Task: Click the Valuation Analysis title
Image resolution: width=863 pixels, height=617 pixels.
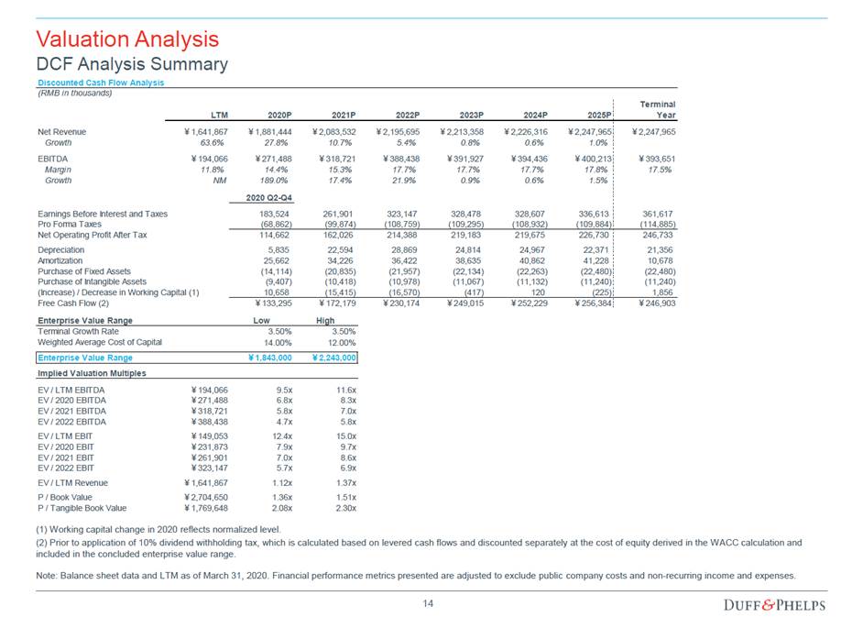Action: point(126,39)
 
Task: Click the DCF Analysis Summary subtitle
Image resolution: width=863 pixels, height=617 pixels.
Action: point(131,64)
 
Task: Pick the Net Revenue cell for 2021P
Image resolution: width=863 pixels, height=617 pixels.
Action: point(338,132)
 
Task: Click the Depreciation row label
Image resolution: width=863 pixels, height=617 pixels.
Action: point(60,249)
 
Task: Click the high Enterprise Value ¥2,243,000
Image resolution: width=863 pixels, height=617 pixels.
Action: point(334,358)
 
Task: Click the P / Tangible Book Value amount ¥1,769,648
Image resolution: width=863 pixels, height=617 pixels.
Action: point(207,508)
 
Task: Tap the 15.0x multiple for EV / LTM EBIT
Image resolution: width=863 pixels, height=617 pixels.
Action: point(344,436)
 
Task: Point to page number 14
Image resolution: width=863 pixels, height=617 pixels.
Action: point(428,603)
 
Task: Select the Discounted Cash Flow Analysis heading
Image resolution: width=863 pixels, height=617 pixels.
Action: point(100,83)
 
